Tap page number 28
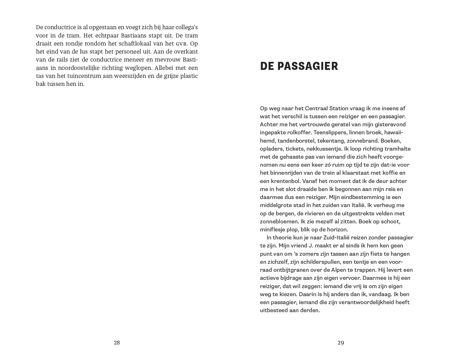pyautogui.click(x=117, y=343)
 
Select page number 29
pyautogui.click(x=341, y=343)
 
